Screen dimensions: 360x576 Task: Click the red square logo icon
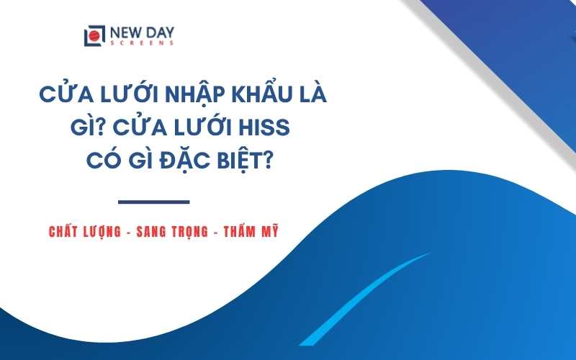coord(92,35)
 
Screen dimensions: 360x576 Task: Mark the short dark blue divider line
coord(153,202)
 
